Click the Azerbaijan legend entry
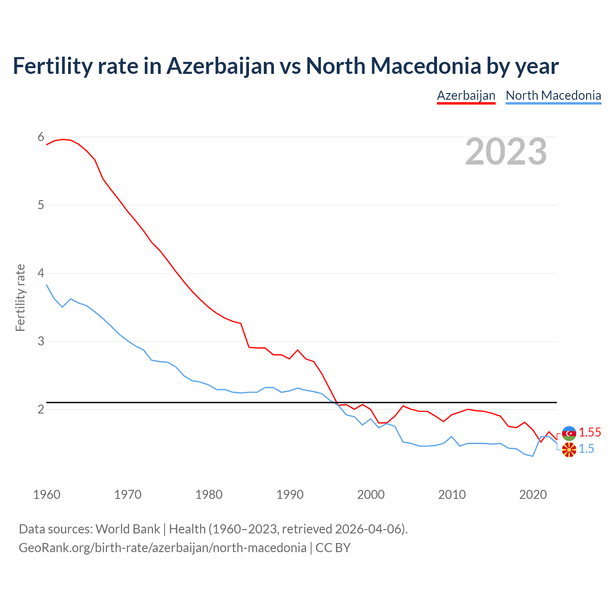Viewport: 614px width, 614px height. point(466,95)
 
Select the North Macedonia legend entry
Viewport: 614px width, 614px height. point(553,95)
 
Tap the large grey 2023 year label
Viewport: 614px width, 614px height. point(506,152)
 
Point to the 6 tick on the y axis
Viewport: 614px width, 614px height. point(41,137)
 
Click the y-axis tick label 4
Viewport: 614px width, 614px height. point(41,273)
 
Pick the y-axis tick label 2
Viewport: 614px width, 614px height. point(41,409)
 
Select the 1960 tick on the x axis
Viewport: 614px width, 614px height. point(47,495)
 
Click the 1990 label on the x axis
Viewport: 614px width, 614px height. point(290,495)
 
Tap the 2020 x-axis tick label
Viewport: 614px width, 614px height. point(533,495)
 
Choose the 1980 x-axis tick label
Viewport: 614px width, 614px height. point(209,495)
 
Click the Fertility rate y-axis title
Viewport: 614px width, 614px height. point(20,297)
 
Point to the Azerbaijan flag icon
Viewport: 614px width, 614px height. point(569,433)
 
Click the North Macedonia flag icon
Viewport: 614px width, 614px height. point(569,450)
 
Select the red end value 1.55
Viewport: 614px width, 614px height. point(590,432)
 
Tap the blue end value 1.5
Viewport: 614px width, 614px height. point(586,449)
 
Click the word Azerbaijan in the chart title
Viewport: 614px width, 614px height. point(220,66)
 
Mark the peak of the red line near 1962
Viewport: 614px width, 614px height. point(62,139)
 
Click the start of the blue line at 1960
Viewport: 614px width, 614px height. point(47,285)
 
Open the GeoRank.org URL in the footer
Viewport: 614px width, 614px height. point(162,547)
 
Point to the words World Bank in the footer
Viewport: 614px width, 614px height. point(128,529)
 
